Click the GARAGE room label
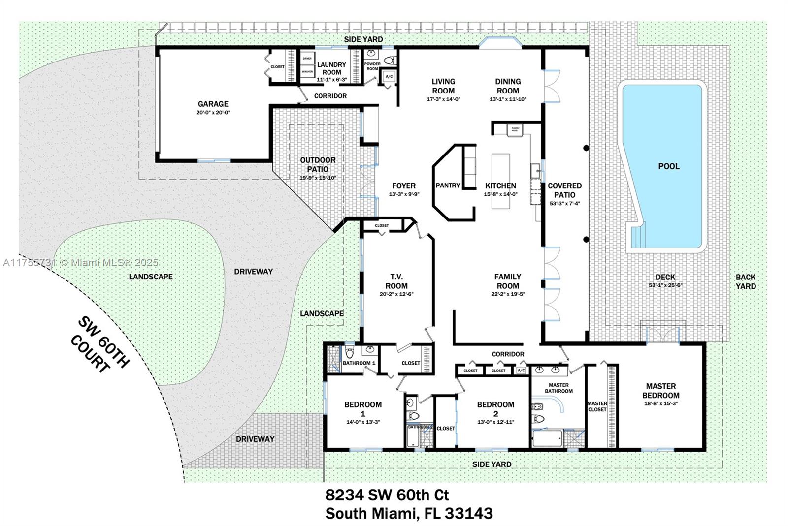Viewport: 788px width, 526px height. point(213,104)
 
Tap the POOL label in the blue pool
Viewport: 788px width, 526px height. point(668,166)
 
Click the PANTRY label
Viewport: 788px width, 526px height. point(448,186)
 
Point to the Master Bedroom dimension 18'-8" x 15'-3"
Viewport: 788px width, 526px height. point(660,403)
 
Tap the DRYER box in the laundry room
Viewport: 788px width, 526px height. point(307,59)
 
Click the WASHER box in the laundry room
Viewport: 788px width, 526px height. point(307,72)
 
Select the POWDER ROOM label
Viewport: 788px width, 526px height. point(372,66)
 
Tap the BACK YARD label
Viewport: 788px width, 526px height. point(745,281)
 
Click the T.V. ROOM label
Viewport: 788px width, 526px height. point(396,281)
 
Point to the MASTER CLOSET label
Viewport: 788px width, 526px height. point(597,406)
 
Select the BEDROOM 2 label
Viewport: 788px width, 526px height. point(495,409)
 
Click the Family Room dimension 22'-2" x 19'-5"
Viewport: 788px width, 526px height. point(508,294)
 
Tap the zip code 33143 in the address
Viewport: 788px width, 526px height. point(468,513)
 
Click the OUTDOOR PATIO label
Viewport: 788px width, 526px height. point(318,164)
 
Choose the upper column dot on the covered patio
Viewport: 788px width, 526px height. point(586,148)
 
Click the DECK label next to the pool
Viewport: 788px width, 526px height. point(665,277)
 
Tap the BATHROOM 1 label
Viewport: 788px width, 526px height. point(359,363)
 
